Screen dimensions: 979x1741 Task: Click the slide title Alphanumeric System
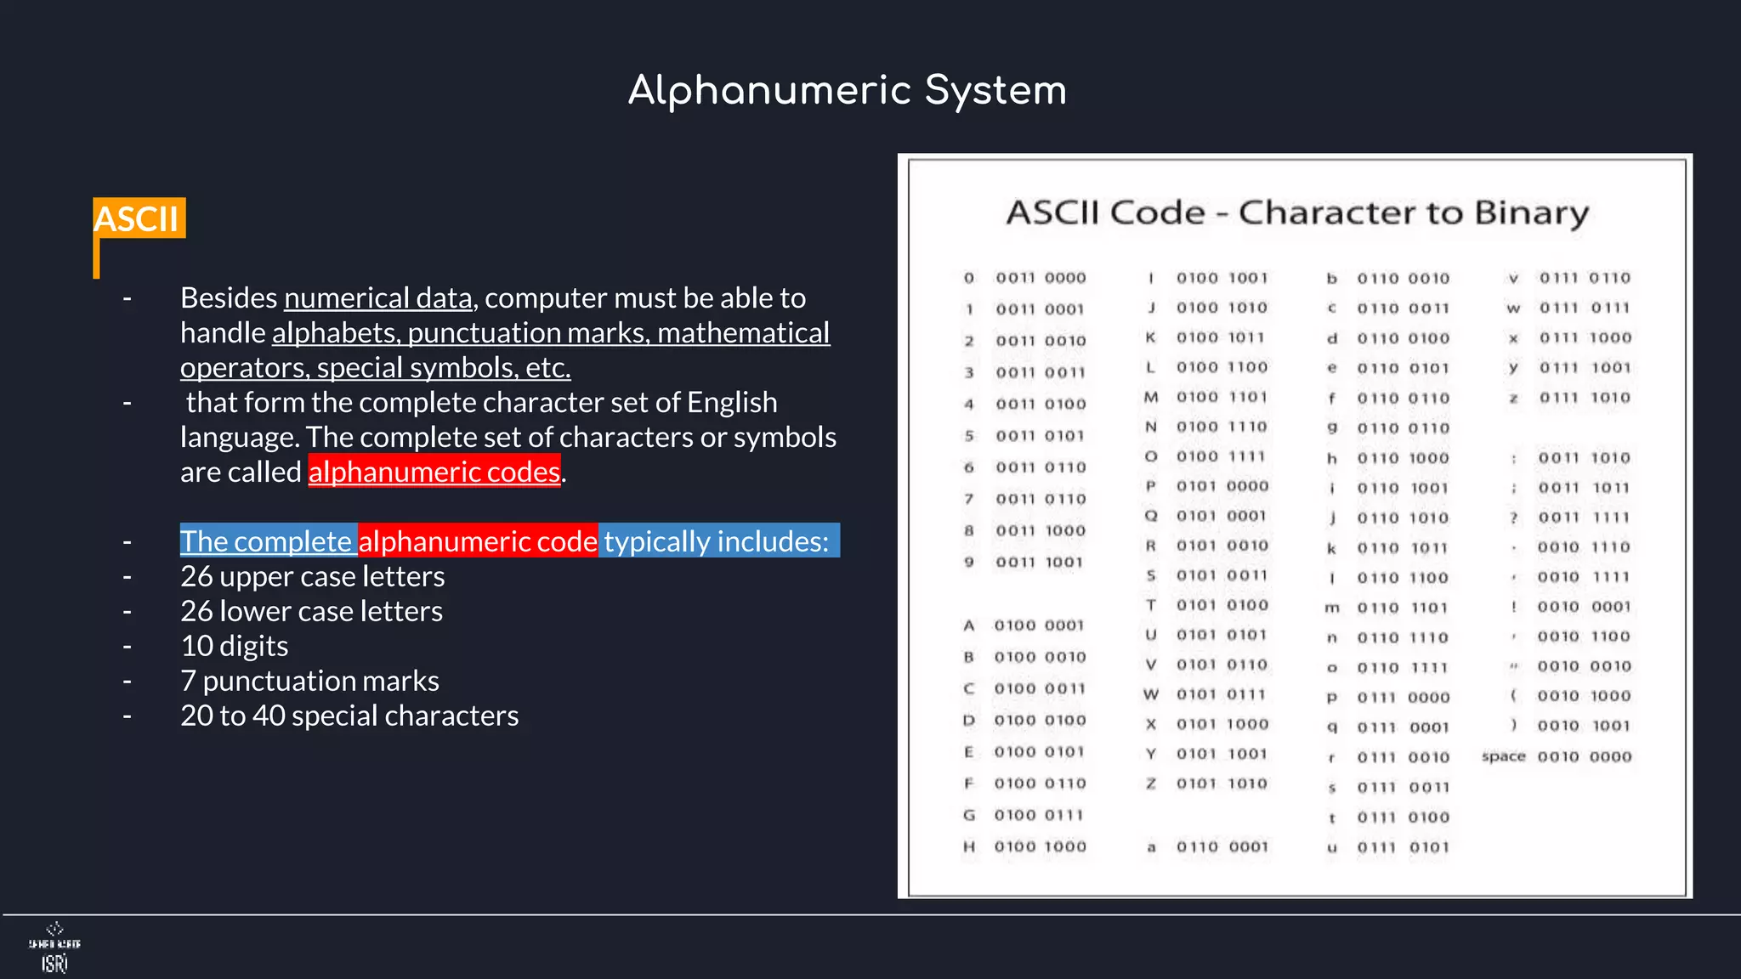pyautogui.click(x=847, y=90)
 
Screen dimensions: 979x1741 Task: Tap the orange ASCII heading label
pyautogui.click(x=137, y=218)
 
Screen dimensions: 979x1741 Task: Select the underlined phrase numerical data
pyautogui.click(x=377, y=298)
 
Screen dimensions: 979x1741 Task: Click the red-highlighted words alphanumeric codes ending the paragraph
pyautogui.click(x=434, y=472)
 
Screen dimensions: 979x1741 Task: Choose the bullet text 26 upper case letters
pyautogui.click(x=312, y=576)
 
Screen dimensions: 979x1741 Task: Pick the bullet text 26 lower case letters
pyautogui.click(x=311, y=611)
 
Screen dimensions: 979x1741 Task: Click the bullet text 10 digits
pyautogui.click(x=235, y=646)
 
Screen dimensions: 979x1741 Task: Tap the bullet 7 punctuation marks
pyautogui.click(x=309, y=681)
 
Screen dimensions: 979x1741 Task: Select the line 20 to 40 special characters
pyautogui.click(x=349, y=716)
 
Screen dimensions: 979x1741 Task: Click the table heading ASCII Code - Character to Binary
pyautogui.click(x=1296, y=212)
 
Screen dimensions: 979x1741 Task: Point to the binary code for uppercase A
pyautogui.click(x=1039, y=625)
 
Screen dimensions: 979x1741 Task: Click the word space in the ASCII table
pyautogui.click(x=1503, y=756)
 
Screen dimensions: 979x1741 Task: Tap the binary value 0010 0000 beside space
pyautogui.click(x=1584, y=756)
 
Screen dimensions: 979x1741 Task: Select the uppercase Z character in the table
pyautogui.click(x=1150, y=784)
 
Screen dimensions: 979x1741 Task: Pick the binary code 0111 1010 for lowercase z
pyautogui.click(x=1585, y=398)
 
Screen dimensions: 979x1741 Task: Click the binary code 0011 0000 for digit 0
pyautogui.click(x=1041, y=278)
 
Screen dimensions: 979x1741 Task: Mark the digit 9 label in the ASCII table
pyautogui.click(x=968, y=562)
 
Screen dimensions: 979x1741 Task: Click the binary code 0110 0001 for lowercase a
pyautogui.click(x=1222, y=846)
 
